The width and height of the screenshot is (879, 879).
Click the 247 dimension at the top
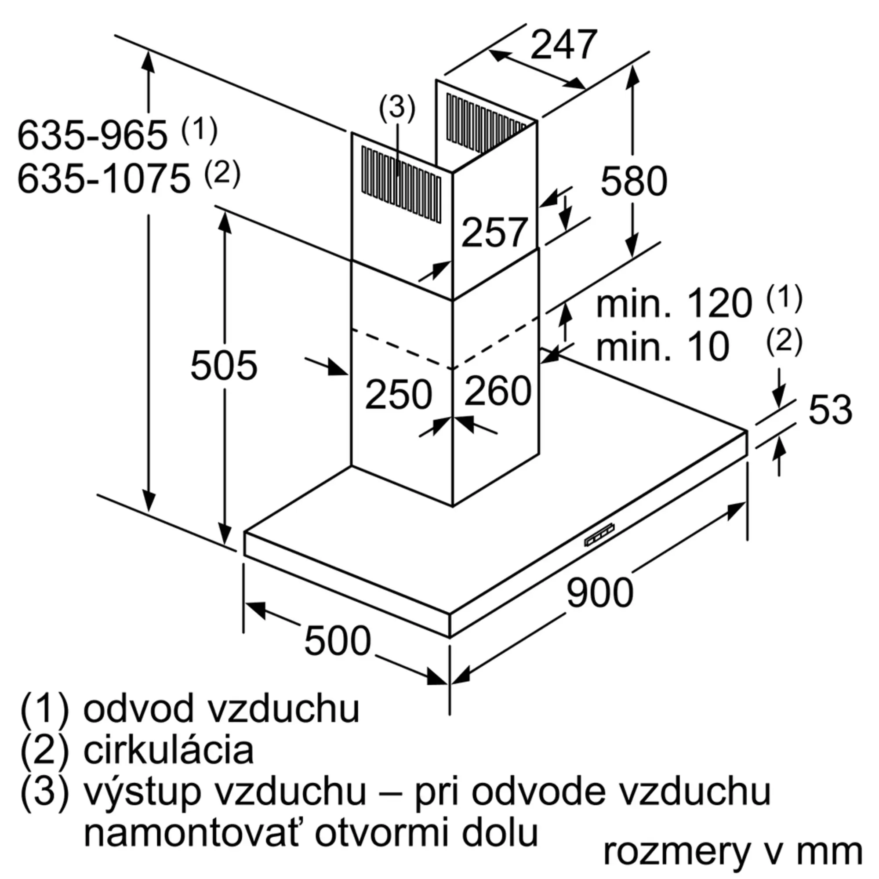click(x=564, y=44)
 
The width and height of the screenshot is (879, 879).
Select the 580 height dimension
click(x=634, y=181)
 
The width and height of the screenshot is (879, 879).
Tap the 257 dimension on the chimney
click(x=494, y=232)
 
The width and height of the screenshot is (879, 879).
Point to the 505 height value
click(x=224, y=365)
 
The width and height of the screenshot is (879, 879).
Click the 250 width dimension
click(x=399, y=394)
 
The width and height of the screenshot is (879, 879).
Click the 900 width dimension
click(x=599, y=592)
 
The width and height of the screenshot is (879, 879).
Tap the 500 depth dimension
click(x=338, y=641)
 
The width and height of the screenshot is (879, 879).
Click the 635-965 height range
click(x=92, y=135)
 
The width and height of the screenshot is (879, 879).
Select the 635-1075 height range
click(x=104, y=179)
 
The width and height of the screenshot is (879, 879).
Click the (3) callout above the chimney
click(x=397, y=108)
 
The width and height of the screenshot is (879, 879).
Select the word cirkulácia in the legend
click(x=168, y=750)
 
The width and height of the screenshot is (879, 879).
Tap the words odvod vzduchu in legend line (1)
click(x=222, y=708)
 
